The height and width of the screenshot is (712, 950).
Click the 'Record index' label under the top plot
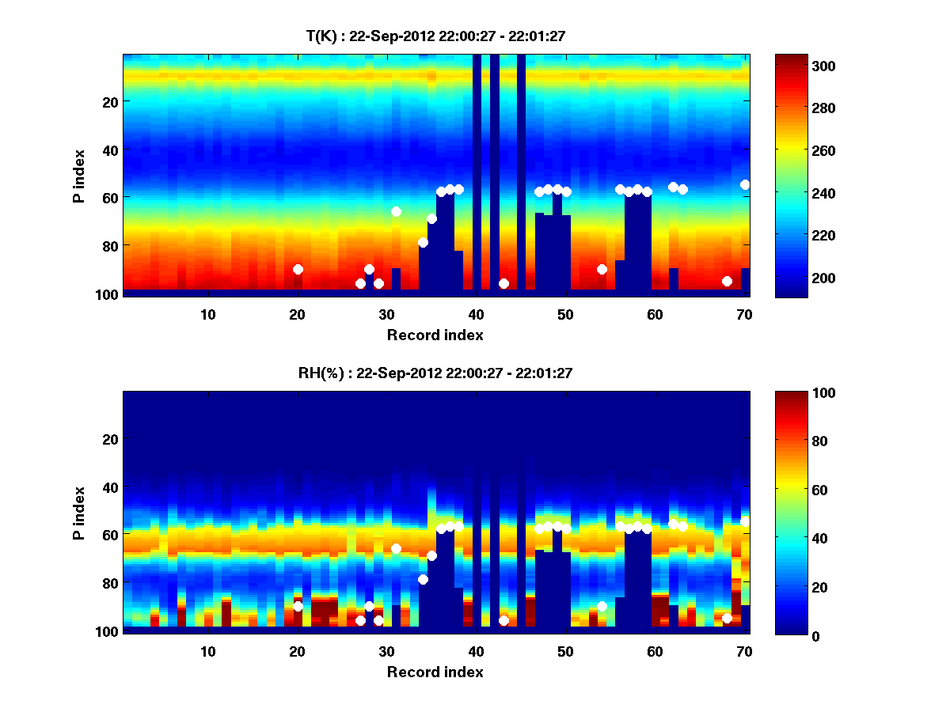pos(435,335)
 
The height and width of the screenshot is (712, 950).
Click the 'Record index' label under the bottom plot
pos(435,672)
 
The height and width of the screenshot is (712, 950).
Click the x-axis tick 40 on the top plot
pos(476,314)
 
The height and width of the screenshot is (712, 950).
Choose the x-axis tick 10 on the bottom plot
pos(207,651)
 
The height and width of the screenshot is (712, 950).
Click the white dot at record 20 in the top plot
pos(298,269)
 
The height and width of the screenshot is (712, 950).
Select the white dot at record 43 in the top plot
pos(503,283)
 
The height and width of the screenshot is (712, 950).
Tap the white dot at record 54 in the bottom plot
pos(602,606)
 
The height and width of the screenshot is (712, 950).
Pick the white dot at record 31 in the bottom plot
pos(396,548)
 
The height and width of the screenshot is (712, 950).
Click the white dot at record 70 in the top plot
pos(745,184)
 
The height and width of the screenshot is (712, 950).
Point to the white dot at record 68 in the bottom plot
pos(727,618)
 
